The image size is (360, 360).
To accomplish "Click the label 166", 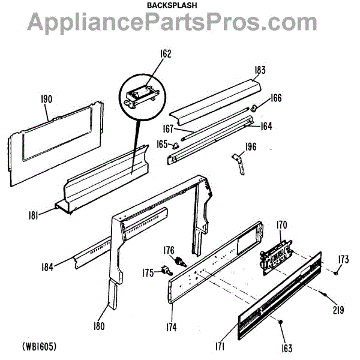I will point(275,98).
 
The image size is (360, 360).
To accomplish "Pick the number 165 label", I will point(161,144).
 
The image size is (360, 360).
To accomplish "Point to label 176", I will point(169,250).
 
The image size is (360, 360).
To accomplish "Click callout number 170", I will point(282,226).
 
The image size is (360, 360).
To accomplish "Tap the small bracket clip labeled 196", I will point(239,163).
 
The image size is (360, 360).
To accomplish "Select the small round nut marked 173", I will point(335,273).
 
